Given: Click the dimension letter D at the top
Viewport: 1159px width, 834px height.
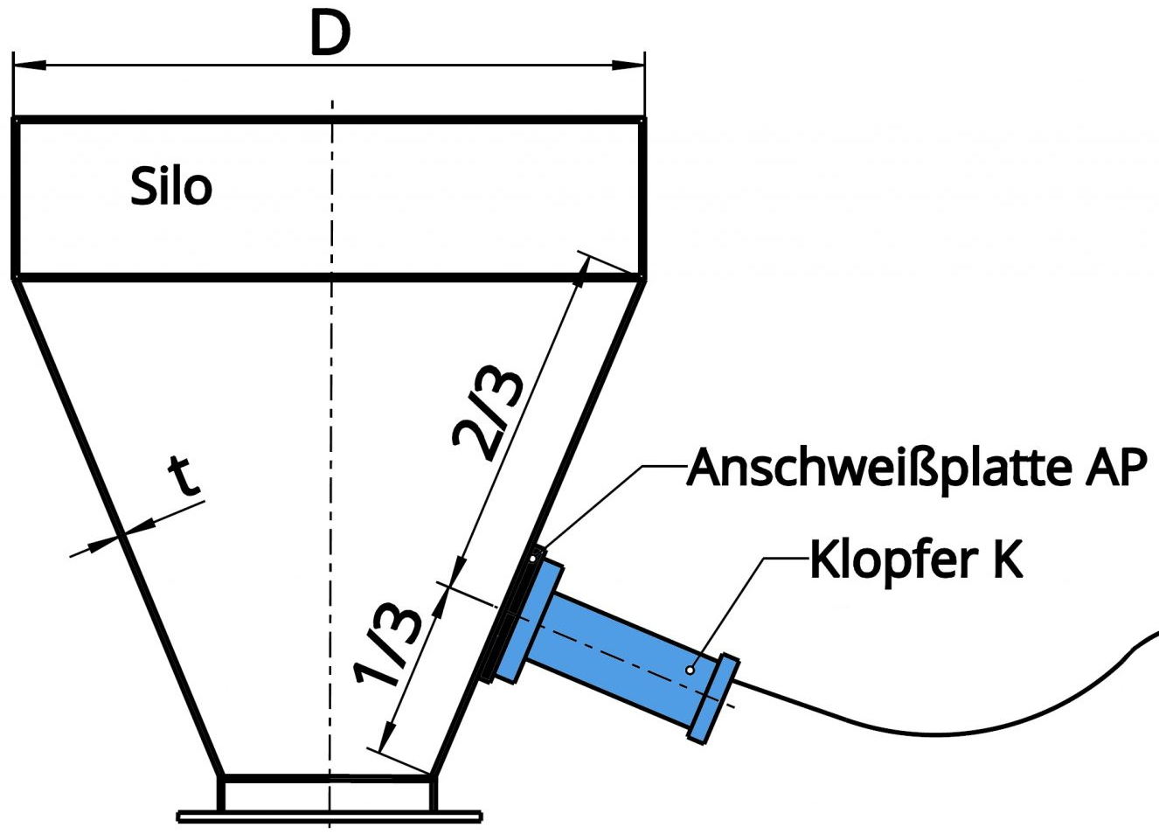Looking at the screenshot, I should [x=330, y=35].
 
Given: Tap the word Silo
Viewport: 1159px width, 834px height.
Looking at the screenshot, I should [x=171, y=187].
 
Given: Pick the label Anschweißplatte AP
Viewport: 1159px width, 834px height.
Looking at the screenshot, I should [x=916, y=468].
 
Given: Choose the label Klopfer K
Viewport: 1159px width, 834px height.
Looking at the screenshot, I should [x=915, y=559].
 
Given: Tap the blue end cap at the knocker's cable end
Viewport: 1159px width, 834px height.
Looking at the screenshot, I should [x=714, y=698].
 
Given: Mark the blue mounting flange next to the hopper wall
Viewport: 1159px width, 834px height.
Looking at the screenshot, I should [x=531, y=622].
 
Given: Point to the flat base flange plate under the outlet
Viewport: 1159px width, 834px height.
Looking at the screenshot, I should [x=330, y=817].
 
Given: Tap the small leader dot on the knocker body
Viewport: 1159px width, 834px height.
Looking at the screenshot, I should [x=690, y=671].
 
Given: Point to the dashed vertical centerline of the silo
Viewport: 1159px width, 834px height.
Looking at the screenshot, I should [x=331, y=437].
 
